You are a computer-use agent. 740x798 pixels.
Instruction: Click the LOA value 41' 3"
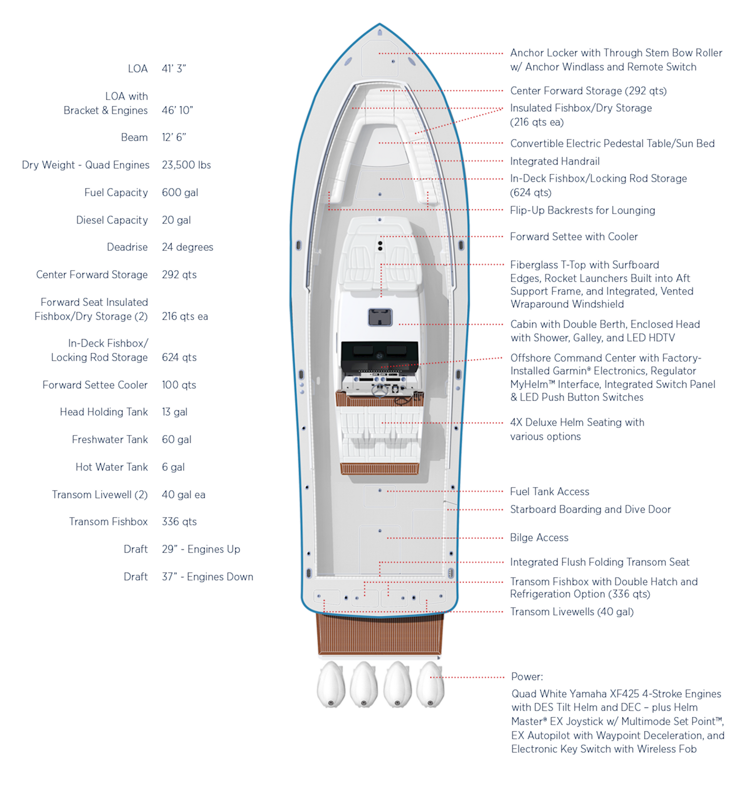click(x=173, y=69)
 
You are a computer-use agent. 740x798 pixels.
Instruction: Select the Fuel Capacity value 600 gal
click(x=180, y=192)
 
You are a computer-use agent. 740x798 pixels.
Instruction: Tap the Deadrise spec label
click(x=127, y=247)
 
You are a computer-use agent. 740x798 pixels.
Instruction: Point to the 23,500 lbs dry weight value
click(x=186, y=165)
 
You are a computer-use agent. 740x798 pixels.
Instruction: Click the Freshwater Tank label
click(x=110, y=439)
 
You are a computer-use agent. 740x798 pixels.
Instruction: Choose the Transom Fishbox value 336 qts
click(x=179, y=522)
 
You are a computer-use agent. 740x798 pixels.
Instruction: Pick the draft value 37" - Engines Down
click(x=207, y=576)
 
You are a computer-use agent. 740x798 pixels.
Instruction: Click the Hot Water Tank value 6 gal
click(x=173, y=467)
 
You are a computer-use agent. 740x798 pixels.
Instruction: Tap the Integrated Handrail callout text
click(x=555, y=161)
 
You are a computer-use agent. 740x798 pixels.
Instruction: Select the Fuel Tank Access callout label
click(x=549, y=491)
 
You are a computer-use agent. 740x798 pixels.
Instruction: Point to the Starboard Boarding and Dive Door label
click(x=590, y=509)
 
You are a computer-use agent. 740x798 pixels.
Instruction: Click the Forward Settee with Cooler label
click(x=573, y=236)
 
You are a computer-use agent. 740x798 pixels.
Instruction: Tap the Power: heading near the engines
click(x=527, y=676)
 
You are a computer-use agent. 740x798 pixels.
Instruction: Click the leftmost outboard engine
click(x=331, y=684)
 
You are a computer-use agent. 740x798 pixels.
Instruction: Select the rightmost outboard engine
click(x=431, y=684)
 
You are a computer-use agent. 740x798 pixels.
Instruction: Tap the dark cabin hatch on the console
click(x=380, y=318)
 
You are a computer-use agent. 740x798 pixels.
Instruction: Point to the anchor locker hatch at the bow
click(x=380, y=58)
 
